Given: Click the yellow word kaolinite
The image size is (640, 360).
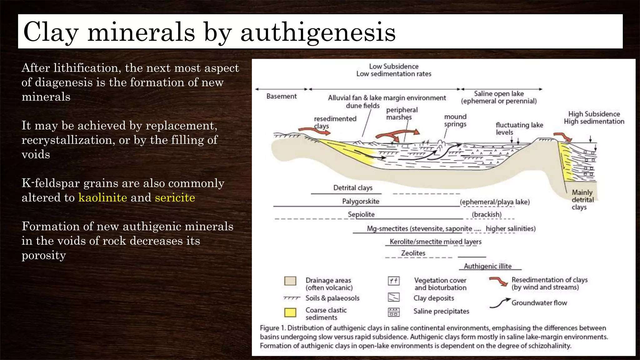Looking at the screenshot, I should click(x=102, y=197).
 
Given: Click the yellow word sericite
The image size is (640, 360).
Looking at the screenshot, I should click(x=175, y=197).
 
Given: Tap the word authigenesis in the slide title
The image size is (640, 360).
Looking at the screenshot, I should click(x=318, y=32).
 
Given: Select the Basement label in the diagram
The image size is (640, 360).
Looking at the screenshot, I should click(x=281, y=96).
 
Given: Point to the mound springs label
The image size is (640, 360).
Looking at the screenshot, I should click(x=455, y=120).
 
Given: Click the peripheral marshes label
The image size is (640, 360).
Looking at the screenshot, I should click(x=402, y=113).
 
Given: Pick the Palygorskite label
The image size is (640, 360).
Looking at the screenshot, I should click(x=361, y=201).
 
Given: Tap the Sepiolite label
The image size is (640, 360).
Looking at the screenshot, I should click(x=361, y=214).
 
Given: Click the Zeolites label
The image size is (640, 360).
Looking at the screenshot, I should click(x=413, y=253).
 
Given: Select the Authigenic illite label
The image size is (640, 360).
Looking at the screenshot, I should click(x=487, y=266).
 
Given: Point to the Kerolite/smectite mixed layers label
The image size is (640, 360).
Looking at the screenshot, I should click(x=436, y=242).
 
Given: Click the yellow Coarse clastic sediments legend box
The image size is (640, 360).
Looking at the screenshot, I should click(x=290, y=312).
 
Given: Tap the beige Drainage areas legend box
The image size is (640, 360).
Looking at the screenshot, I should click(x=290, y=281).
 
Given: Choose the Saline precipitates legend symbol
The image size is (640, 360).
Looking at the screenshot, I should click(x=393, y=312).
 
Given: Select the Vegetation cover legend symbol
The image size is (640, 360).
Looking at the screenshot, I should click(x=393, y=281).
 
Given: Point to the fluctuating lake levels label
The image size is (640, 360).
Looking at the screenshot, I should click(x=519, y=128).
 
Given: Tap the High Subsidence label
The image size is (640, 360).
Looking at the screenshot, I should click(x=594, y=114).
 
